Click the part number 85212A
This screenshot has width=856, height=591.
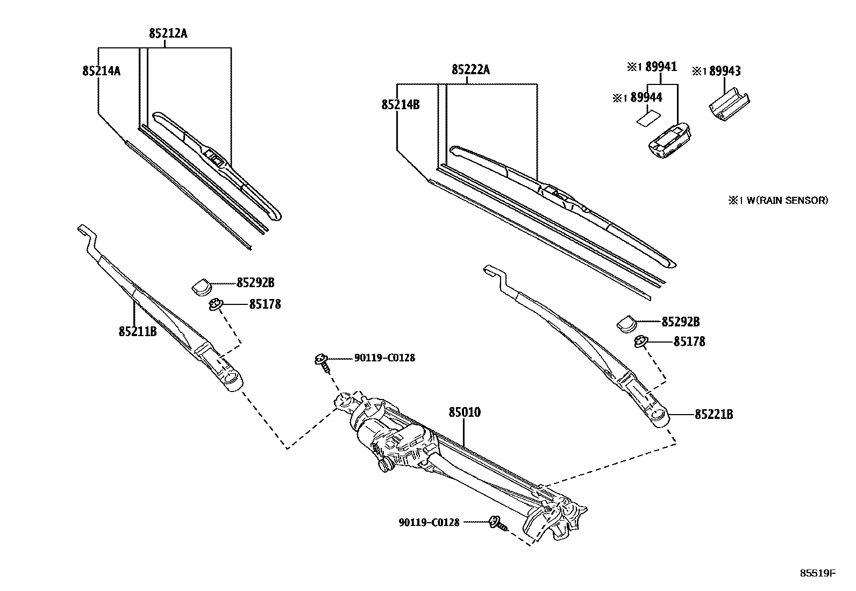point(168,34)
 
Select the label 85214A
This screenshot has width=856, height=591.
point(101,70)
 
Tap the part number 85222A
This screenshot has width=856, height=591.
point(470,69)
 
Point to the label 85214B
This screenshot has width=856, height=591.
point(401,104)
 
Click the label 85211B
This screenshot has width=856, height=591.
point(138,331)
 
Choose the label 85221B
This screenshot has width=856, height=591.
point(714,415)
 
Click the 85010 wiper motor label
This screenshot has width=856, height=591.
point(465,413)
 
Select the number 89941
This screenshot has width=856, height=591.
point(661,67)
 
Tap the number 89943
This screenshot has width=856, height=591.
point(724,71)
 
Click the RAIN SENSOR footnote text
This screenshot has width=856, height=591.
point(778,201)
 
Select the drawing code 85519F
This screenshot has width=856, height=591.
point(817,573)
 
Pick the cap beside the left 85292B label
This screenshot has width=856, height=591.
point(202,286)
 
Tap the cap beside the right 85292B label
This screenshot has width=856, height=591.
point(626,323)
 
